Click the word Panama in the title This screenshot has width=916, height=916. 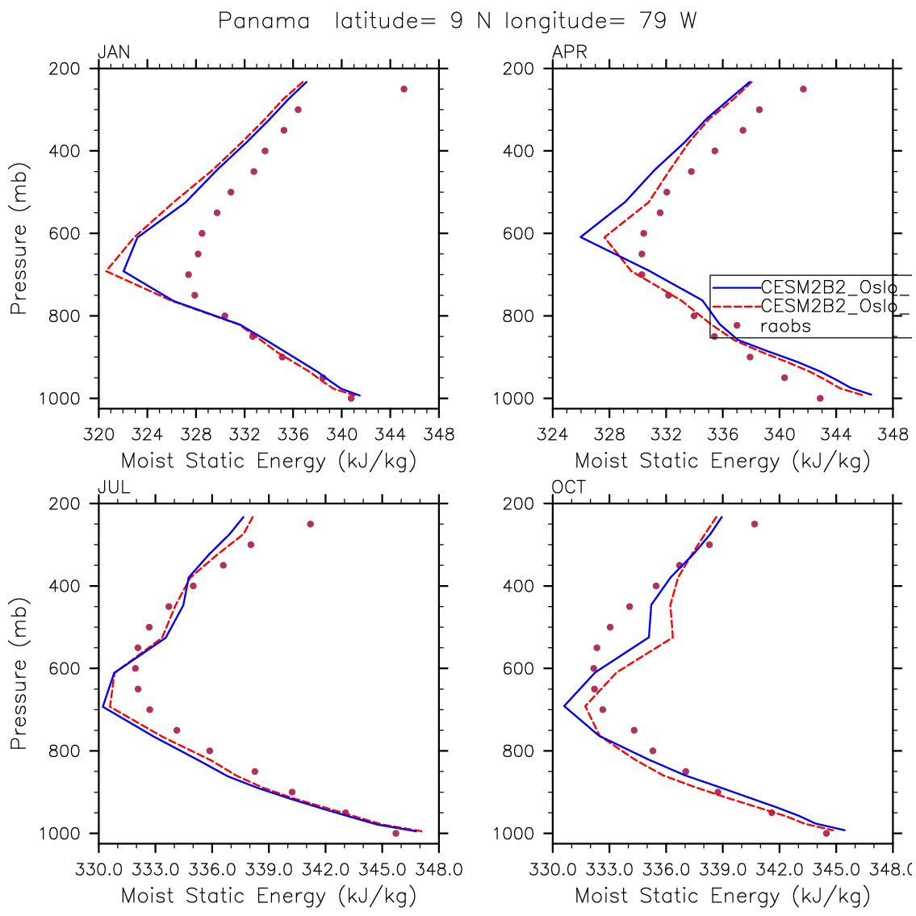coord(264,21)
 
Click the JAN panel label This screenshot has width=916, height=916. coord(114,53)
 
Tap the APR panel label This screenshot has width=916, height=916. coord(569,53)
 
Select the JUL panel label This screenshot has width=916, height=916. coord(113,487)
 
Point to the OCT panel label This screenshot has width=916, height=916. coord(569,487)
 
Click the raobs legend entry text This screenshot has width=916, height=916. coord(785,326)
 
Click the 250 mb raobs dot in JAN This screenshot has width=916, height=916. coord(404,89)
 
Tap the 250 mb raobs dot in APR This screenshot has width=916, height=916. coord(803,89)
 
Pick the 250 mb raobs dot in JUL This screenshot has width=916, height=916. coord(310,524)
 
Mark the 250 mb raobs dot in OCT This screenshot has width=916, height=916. coord(755,524)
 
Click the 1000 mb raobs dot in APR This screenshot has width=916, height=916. coord(820,398)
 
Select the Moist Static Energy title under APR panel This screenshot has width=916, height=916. coord(722,462)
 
